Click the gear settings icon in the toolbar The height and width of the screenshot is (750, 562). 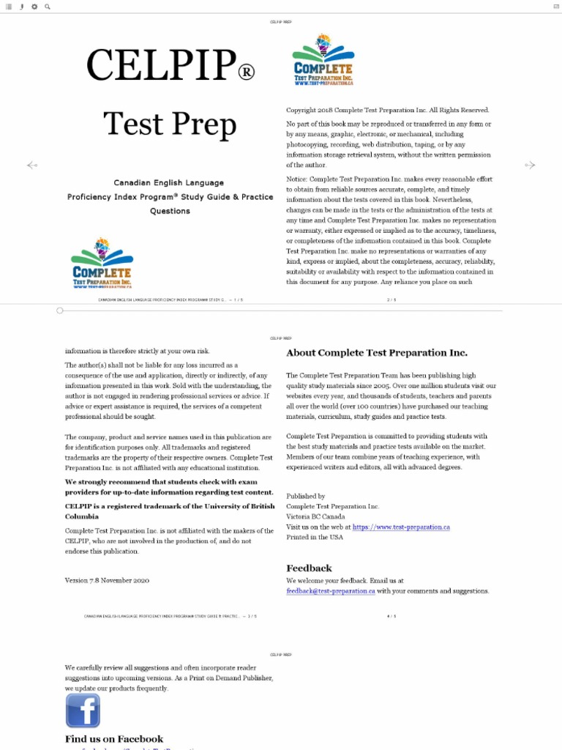coord(34,7)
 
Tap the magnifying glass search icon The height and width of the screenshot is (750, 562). coord(48,7)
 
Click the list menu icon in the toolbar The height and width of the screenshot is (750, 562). coord(9,7)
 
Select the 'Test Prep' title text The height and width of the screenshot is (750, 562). coord(170,124)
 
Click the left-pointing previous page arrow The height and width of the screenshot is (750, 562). coord(31,166)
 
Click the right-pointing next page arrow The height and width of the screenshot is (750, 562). coord(531,166)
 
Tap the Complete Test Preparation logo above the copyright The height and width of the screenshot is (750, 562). coord(323,60)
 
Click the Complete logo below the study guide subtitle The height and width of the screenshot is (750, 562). coord(102,263)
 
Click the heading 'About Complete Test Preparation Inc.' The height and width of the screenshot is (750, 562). coord(376,352)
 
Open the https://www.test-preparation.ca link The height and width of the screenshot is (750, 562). coord(401,527)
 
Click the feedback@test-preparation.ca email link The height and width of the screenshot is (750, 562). coord(331,591)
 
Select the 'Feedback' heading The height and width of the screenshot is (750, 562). coord(309,568)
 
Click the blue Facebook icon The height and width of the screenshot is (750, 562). coord(83,710)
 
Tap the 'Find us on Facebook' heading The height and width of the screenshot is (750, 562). coord(114,739)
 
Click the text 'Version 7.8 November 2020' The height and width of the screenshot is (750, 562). coord(107,580)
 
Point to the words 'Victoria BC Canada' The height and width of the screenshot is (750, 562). coord(316,516)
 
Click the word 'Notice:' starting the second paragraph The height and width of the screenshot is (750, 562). coord(297,179)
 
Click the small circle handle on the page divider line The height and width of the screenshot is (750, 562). coord(60,311)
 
